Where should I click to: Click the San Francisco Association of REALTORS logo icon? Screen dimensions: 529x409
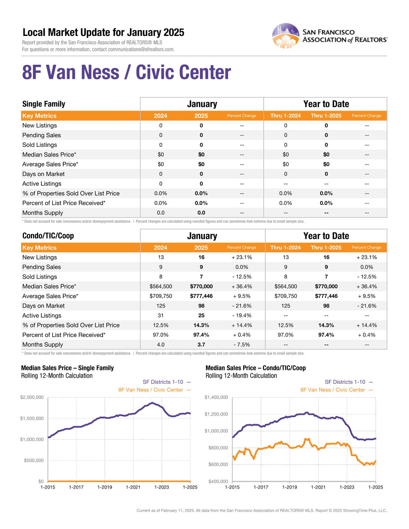click(x=285, y=36)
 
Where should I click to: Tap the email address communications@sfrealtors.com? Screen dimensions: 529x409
click(x=141, y=50)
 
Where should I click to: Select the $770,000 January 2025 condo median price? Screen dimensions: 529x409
click(x=201, y=287)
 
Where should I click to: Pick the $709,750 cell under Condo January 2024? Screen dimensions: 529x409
click(x=161, y=296)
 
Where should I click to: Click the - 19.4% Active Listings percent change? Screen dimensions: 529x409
click(x=242, y=316)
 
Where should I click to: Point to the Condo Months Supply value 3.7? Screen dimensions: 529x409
click(x=201, y=345)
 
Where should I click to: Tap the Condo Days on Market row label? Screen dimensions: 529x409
click(x=43, y=306)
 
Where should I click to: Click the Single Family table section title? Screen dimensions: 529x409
click(x=44, y=104)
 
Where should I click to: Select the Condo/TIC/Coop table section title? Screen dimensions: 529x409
click(x=48, y=236)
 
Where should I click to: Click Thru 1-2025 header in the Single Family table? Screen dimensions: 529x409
click(x=326, y=116)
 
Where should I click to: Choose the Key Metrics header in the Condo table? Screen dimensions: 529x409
click(x=39, y=248)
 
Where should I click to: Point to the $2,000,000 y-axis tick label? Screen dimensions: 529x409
click(x=32, y=397)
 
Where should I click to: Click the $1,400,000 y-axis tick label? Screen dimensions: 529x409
click(x=216, y=397)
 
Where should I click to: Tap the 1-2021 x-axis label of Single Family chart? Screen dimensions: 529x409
click(x=133, y=487)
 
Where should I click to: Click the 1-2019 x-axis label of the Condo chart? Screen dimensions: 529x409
click(x=289, y=487)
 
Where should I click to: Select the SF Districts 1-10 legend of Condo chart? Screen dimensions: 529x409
click(x=345, y=382)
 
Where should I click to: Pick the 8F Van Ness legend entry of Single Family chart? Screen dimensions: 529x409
click(x=151, y=390)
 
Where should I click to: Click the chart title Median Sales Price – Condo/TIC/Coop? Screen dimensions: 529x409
click(x=256, y=368)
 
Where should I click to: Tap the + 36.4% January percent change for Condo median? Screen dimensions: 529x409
click(x=242, y=287)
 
